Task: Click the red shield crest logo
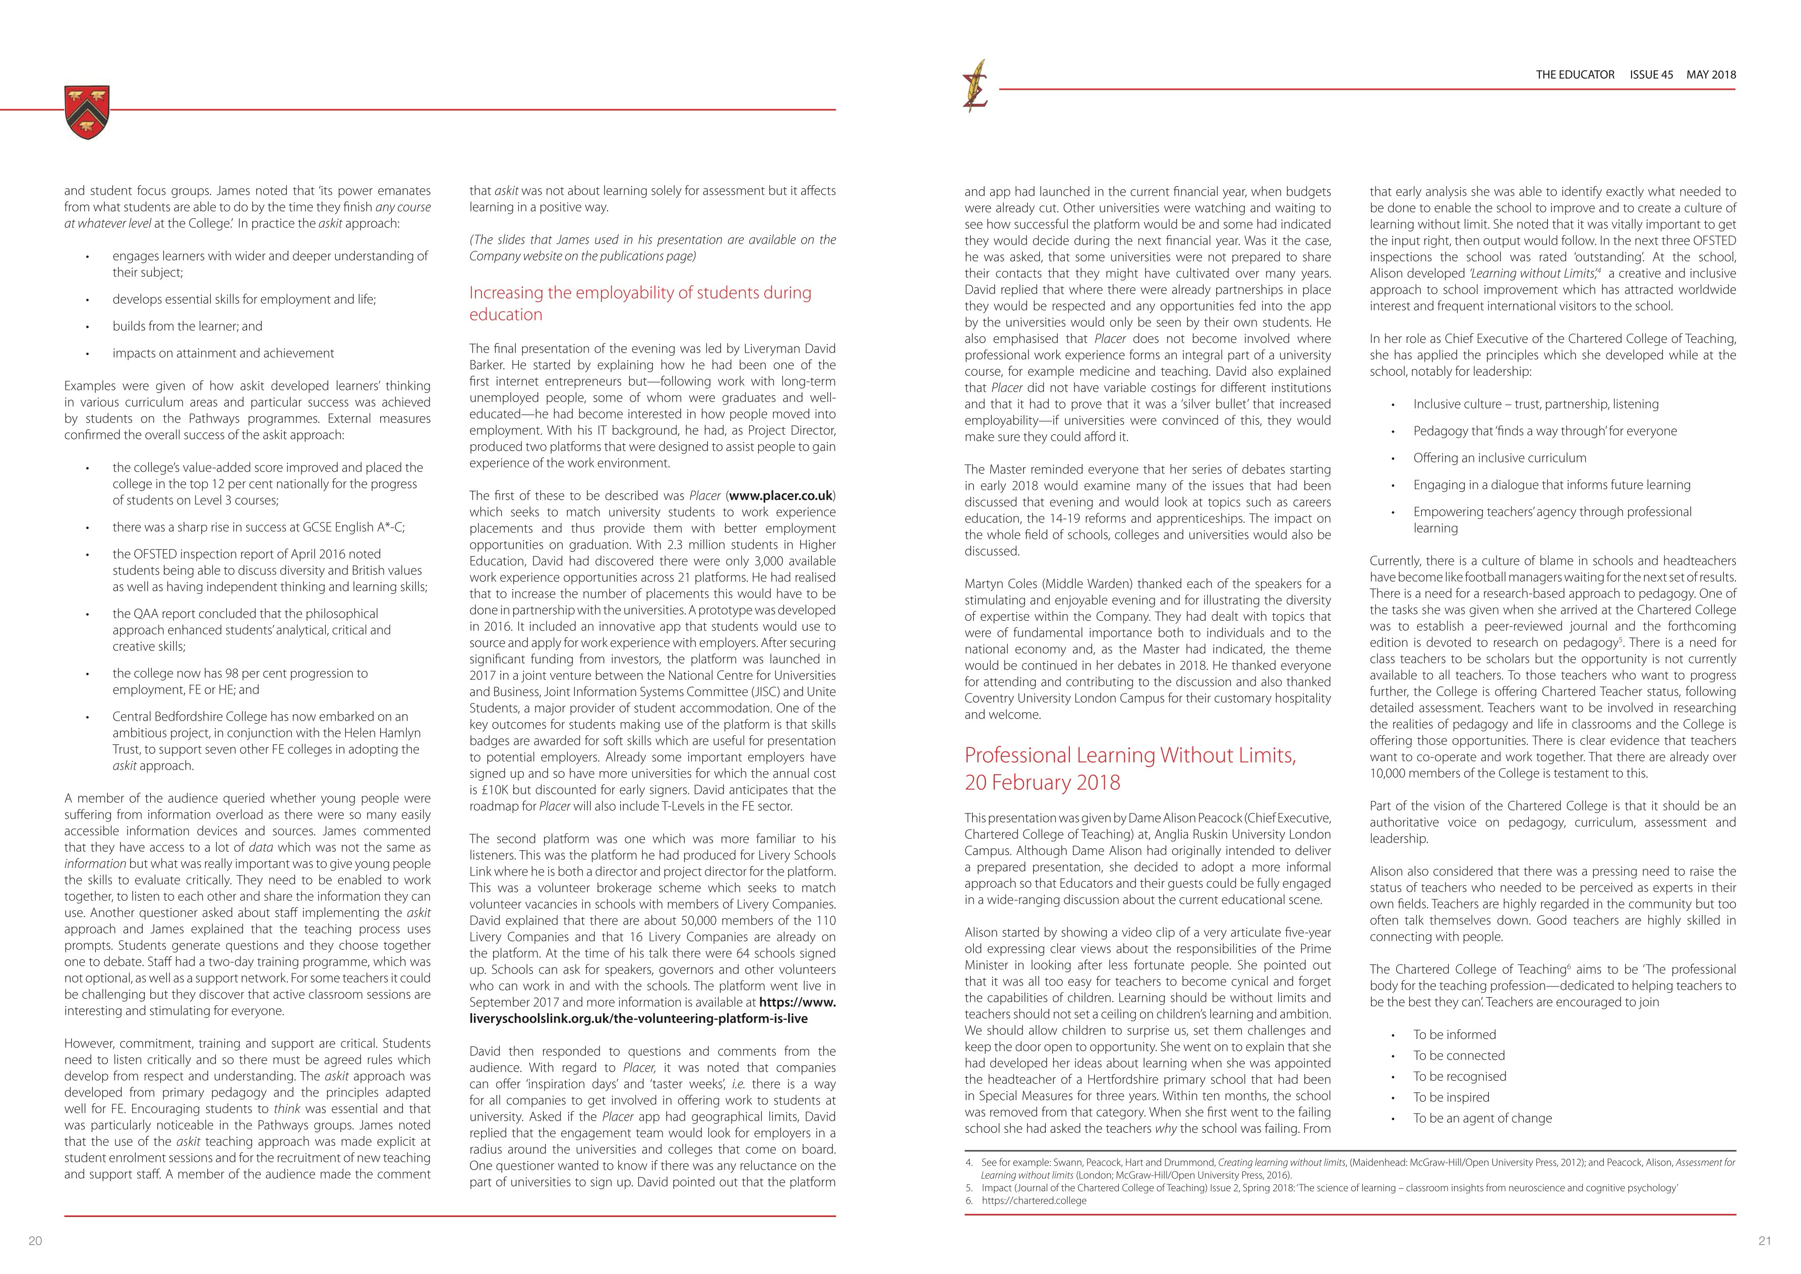(87, 112)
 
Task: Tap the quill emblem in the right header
(976, 86)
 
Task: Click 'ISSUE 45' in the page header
(1651, 75)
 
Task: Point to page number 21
(1765, 1240)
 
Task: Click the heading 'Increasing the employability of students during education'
(640, 303)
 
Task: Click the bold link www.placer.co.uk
(781, 496)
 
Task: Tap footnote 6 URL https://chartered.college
(1034, 1200)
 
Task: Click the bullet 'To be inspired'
(1451, 1096)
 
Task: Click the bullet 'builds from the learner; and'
(188, 325)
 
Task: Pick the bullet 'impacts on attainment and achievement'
(223, 353)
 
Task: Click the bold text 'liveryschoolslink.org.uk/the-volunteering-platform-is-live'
(638, 1018)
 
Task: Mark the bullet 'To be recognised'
(1460, 1076)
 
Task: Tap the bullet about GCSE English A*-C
(259, 527)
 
